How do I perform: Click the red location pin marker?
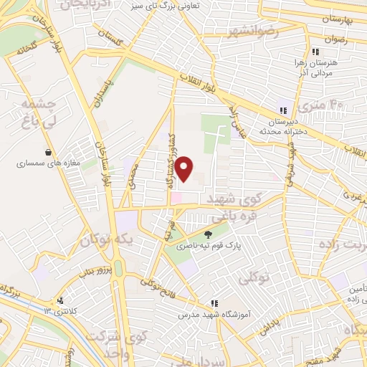tap(185, 168)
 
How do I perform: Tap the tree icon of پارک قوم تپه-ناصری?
tap(209, 234)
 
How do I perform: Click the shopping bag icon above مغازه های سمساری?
tap(48, 152)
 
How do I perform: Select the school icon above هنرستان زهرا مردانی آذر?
tap(314, 52)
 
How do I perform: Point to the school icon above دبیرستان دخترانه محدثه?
tap(283, 110)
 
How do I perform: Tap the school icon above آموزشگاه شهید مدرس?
tap(213, 304)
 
